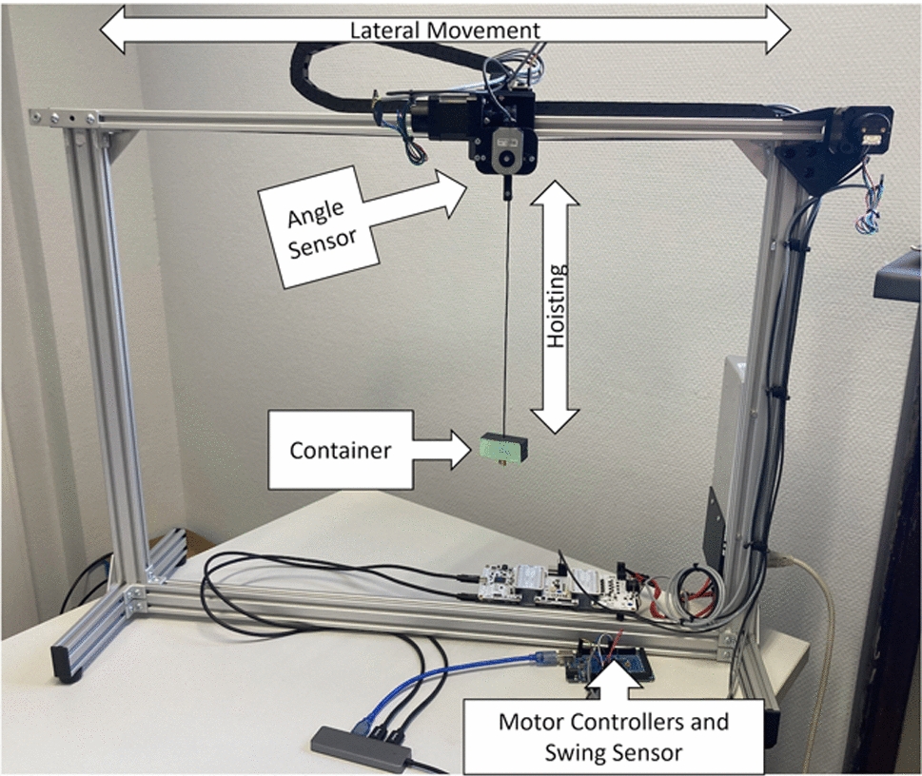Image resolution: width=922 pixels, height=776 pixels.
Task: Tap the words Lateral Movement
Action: pos(445,30)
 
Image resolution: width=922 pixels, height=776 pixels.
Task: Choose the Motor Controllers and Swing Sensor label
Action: pos(613,735)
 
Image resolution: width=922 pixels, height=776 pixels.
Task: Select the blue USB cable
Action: pos(476,670)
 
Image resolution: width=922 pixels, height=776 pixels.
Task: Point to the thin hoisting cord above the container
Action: pos(507,314)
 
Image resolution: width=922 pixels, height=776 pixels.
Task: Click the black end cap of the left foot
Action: pos(67,666)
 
